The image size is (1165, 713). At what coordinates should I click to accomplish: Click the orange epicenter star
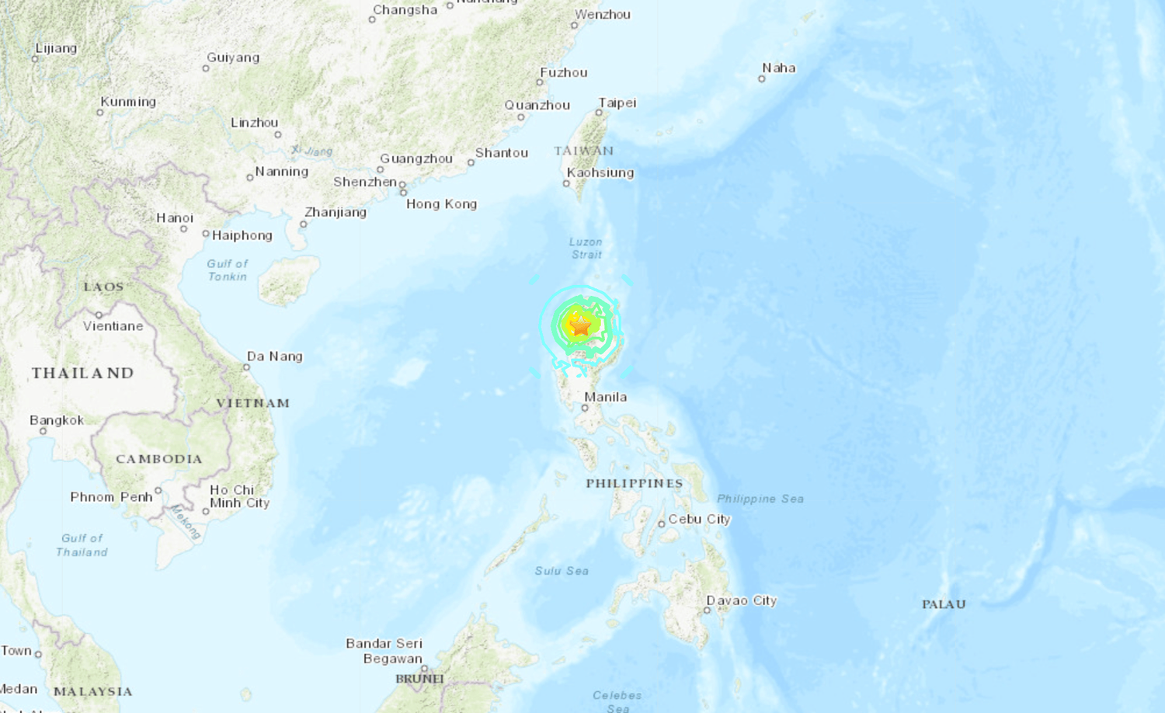580,325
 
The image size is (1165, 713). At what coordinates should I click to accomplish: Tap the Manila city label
605,397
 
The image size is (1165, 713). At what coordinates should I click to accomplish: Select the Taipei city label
617,103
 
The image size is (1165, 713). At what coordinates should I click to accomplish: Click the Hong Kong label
441,203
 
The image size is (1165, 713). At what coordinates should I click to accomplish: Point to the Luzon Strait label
586,248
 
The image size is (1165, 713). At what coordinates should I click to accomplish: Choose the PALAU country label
944,604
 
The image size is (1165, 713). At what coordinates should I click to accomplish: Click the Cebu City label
699,519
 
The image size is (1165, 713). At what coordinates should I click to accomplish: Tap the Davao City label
741,600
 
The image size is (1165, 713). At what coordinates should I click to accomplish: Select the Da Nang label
274,356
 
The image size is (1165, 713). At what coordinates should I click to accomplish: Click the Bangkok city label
57,420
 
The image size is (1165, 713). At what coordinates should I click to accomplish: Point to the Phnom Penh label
111,497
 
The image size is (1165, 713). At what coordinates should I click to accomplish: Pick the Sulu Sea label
562,571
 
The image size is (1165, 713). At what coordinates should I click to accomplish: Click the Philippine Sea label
760,499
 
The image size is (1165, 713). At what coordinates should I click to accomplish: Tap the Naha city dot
762,78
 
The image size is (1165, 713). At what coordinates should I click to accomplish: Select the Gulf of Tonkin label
227,270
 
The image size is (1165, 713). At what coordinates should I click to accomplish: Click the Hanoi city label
175,217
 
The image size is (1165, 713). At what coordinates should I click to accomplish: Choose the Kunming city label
128,102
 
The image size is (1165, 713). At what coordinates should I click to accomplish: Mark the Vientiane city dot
99,315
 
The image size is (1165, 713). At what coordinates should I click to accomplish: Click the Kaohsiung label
600,172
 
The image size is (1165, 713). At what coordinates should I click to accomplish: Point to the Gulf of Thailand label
82,544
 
